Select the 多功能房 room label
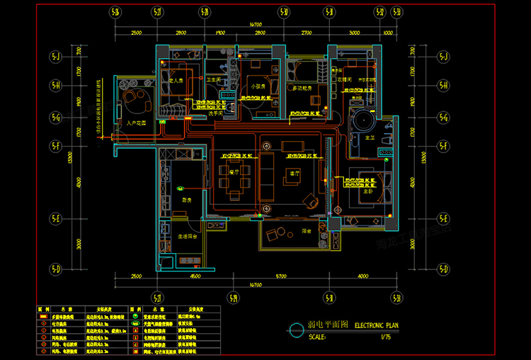[x=305, y=88]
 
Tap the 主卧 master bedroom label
[x=369, y=191]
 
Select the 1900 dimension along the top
[x=220, y=33]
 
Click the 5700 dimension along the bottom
[x=281, y=276]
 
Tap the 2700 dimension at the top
[x=305, y=33]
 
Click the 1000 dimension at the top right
[x=387, y=33]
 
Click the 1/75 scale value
[x=385, y=337]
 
